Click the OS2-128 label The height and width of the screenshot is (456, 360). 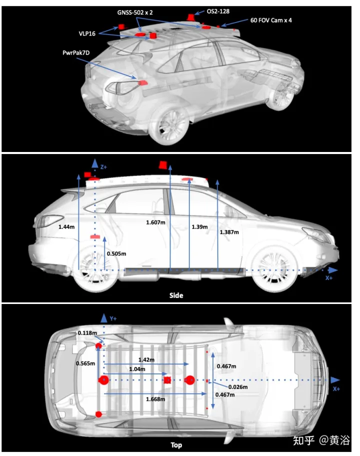tap(218, 11)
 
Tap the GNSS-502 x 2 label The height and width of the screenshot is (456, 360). tap(135, 12)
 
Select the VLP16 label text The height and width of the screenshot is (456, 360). tap(87, 33)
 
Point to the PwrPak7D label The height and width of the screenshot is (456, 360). tap(76, 52)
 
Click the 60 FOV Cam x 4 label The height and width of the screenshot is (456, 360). tap(271, 20)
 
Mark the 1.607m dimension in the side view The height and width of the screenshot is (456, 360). tap(155, 222)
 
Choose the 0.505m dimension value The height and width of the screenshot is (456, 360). tap(116, 253)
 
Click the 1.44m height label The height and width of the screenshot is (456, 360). tap(66, 227)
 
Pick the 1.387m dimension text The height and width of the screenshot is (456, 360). tap(229, 232)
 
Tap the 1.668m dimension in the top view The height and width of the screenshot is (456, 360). tap(155, 399)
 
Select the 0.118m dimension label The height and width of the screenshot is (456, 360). tap(87, 332)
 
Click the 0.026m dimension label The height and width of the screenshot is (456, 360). tap(238, 387)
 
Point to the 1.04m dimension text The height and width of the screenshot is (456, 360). tap(137, 369)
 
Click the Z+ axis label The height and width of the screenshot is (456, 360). tap(103, 167)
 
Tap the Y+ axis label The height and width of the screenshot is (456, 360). tap(113, 318)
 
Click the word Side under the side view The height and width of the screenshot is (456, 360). tap(176, 295)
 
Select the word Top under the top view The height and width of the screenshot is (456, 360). tap(176, 445)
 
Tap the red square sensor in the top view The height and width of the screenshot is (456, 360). tap(167, 380)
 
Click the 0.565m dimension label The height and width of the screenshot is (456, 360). tap(85, 363)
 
